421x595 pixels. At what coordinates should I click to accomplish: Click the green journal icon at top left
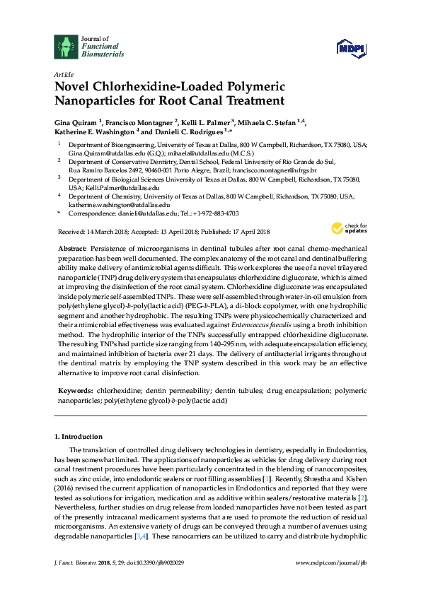click(66, 46)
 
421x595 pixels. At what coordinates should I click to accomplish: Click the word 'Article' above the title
click(63, 74)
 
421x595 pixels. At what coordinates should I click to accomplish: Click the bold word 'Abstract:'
click(72, 249)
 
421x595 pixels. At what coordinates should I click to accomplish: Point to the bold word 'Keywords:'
click(75, 390)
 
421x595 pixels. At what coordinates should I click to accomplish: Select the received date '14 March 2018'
click(99, 232)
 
